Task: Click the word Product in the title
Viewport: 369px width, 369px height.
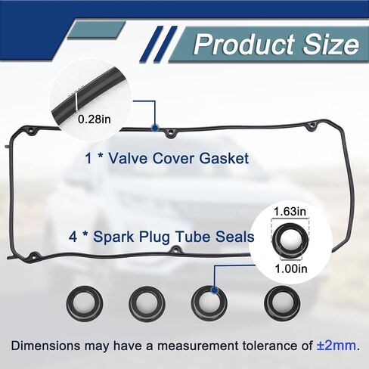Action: (244, 44)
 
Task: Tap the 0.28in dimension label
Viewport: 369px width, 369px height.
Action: (95, 119)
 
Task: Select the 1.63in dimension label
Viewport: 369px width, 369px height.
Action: (290, 211)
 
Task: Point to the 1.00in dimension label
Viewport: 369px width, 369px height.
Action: (291, 268)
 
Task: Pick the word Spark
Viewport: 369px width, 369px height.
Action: (113, 237)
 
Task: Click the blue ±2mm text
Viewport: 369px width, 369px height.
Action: (336, 346)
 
